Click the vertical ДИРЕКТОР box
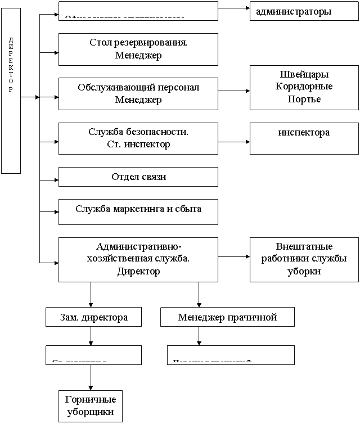coord(11,90)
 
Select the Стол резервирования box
coord(138,49)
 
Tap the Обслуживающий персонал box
coord(138,93)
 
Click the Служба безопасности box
coord(138,138)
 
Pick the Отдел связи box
coord(138,177)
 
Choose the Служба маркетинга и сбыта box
coord(138,211)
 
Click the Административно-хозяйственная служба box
coord(138,259)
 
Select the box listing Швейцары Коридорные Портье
coord(304,87)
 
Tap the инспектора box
coord(304,138)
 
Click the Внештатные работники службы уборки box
coord(304,259)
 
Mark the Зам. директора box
coord(93,317)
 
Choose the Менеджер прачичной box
coord(227,317)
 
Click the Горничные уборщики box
coord(90,405)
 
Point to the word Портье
coord(304,99)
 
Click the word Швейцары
coord(304,75)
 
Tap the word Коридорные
coord(304,87)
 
